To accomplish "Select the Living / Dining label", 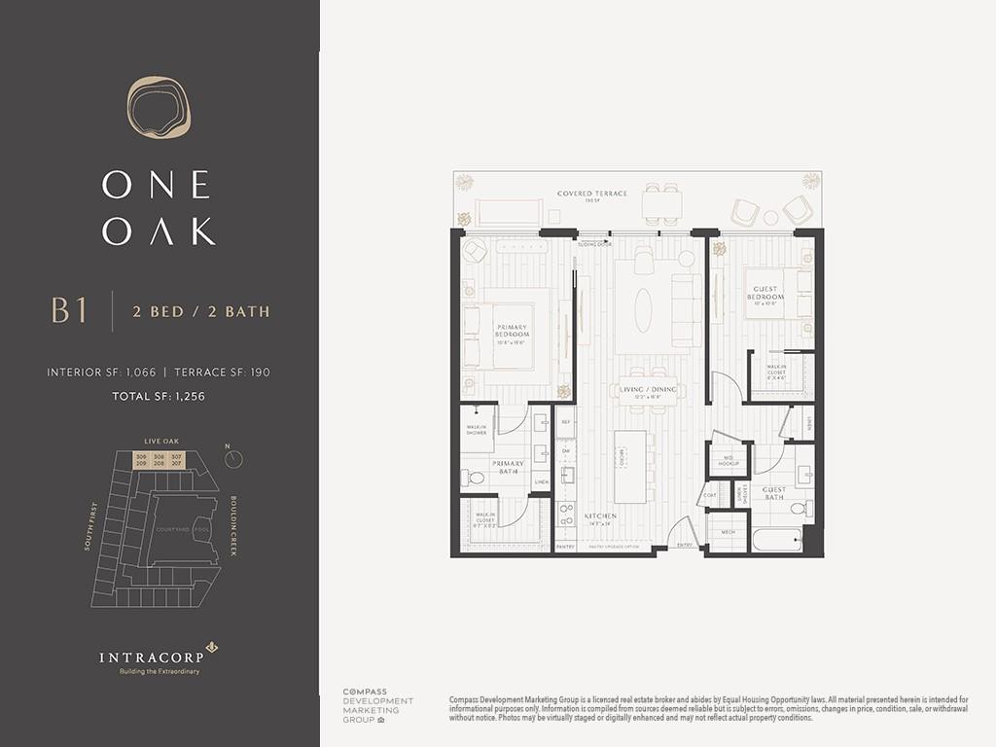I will pos(648,391).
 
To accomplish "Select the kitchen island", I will pos(630,467).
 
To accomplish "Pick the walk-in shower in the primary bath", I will pos(476,428).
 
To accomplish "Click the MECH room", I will pos(728,533).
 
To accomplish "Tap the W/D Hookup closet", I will pos(728,459).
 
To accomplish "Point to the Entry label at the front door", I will pos(685,546).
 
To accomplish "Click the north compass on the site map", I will pos(232,459).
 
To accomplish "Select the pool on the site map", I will pos(200,530).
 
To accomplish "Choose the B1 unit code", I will pos(69,311).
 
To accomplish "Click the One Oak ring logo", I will pos(159,106).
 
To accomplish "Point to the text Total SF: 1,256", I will pos(159,396).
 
